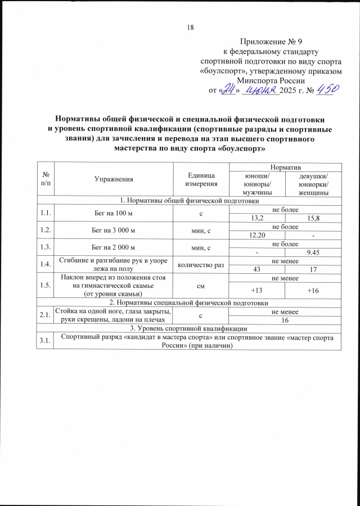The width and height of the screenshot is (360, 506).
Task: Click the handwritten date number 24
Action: click(228, 90)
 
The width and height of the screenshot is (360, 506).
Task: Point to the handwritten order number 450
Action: click(326, 89)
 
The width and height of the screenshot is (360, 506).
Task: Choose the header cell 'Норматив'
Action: click(285, 168)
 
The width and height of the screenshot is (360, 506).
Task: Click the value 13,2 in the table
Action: click(257, 218)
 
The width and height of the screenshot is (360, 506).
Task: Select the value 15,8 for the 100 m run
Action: click(313, 218)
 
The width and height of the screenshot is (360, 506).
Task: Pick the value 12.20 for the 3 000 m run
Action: click(257, 234)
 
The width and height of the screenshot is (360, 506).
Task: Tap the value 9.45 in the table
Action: click(313, 251)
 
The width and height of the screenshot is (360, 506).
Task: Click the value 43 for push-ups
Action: click(257, 268)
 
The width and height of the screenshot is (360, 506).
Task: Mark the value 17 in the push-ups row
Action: click(313, 268)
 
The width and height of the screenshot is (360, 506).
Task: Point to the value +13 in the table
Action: click(257, 290)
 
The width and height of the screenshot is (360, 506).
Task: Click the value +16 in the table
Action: click(313, 290)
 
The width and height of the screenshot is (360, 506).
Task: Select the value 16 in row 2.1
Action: click(285, 320)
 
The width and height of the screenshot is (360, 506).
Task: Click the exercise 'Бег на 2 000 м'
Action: click(114, 247)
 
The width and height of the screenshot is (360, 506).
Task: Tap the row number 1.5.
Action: click(45, 286)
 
